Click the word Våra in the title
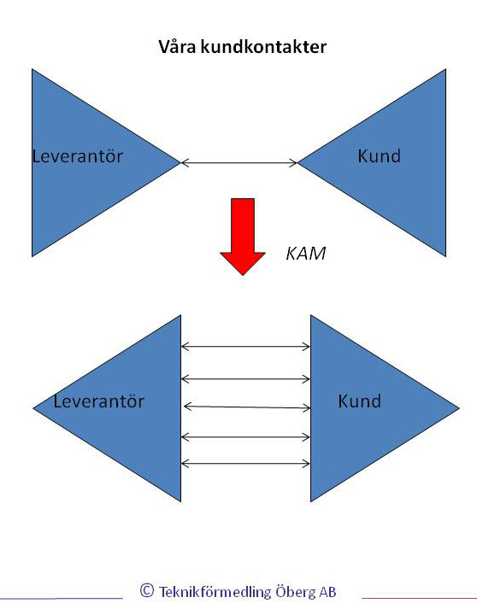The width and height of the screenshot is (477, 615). tap(178, 46)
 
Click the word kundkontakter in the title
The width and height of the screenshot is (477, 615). tap(263, 47)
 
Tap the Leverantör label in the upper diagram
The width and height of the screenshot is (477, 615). tap(77, 156)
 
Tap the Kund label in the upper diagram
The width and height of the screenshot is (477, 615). tap(379, 155)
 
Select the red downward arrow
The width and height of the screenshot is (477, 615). tap(243, 237)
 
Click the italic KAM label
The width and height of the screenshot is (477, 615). tap(306, 254)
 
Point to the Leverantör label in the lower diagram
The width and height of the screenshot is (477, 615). tap(98, 401)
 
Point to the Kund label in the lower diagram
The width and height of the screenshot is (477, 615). tap(359, 401)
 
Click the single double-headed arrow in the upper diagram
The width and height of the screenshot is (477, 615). tap(239, 162)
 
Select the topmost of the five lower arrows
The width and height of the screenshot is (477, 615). tap(245, 346)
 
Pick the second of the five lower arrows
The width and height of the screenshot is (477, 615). tap(245, 379)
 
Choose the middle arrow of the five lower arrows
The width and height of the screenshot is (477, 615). tap(247, 407)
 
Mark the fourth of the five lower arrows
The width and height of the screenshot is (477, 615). tap(245, 436)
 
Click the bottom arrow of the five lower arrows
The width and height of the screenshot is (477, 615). tap(245, 464)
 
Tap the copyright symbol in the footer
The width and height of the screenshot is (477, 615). tap(147, 590)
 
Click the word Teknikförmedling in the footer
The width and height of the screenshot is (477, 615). tap(215, 591)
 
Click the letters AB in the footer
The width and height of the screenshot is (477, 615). tap(327, 592)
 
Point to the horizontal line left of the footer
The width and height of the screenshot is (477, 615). tap(62, 599)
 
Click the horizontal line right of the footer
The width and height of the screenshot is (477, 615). tap(419, 598)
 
